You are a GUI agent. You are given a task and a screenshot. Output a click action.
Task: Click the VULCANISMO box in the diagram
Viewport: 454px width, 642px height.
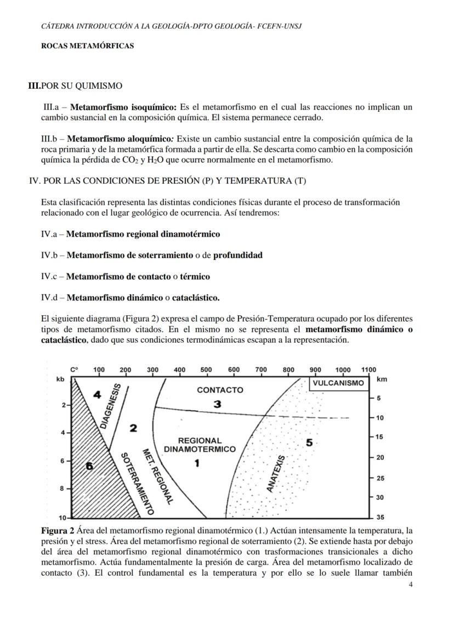(x=338, y=383)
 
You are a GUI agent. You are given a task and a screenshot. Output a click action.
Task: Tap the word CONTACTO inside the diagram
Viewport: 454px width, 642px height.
(x=220, y=390)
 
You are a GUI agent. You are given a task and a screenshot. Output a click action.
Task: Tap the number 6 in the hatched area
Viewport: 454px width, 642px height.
(x=89, y=466)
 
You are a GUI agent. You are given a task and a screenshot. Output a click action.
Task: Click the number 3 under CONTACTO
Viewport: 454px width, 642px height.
(x=217, y=404)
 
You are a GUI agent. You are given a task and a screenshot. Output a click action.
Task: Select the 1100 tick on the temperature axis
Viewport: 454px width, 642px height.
(x=368, y=370)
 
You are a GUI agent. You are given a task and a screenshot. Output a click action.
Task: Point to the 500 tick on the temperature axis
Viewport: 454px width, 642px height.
(x=206, y=370)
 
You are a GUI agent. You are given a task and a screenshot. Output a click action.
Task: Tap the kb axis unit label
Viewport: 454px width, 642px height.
(x=60, y=379)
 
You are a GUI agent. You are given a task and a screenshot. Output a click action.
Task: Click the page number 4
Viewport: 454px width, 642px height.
(x=411, y=585)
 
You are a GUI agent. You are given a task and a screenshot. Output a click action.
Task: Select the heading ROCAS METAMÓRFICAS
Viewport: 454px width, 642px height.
(x=87, y=47)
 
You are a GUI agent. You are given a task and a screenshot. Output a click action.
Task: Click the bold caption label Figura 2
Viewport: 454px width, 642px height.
(x=58, y=531)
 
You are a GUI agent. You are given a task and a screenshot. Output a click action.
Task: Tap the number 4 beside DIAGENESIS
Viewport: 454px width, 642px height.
(x=98, y=394)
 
